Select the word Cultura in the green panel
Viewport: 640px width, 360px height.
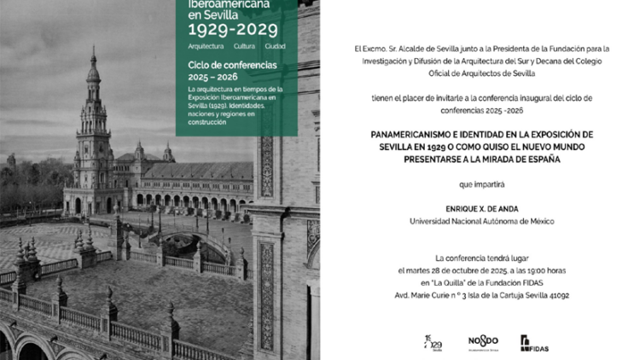click(245, 46)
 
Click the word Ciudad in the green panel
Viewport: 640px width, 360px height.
click(275, 46)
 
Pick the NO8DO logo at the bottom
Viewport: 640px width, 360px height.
click(483, 342)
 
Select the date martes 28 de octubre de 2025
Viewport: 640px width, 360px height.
click(461, 270)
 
